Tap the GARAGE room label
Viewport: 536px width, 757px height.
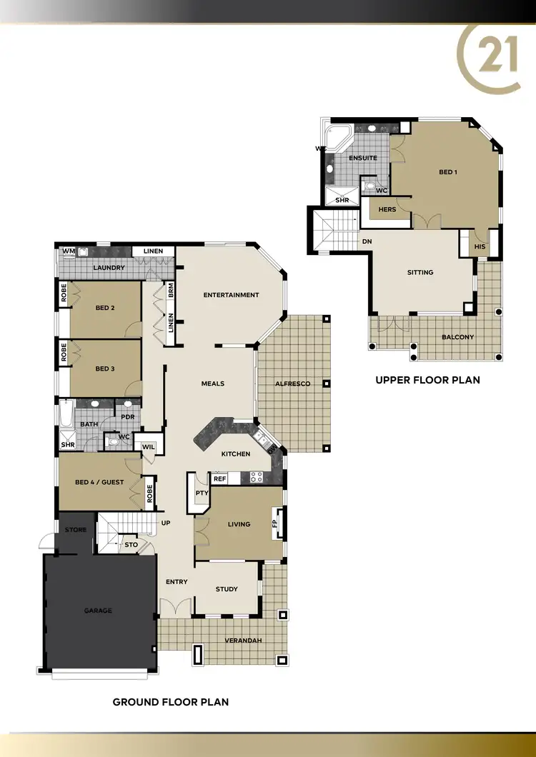click(98, 611)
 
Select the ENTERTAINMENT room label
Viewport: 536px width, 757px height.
click(231, 295)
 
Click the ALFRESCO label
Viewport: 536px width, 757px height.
click(293, 384)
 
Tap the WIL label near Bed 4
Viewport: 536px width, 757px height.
click(149, 447)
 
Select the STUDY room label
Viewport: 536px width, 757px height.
click(227, 589)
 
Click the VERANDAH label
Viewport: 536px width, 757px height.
click(243, 640)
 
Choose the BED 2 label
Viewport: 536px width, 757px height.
click(105, 308)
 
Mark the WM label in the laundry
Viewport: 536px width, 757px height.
click(69, 251)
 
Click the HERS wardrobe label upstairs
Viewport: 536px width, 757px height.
click(387, 209)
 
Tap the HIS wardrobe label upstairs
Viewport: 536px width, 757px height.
click(480, 247)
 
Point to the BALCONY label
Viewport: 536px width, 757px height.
click(457, 337)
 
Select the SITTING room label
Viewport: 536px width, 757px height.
click(420, 272)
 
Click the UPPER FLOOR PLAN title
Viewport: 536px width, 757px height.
click(427, 381)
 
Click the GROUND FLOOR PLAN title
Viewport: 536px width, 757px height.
click(171, 702)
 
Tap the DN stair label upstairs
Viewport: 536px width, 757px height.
click(367, 241)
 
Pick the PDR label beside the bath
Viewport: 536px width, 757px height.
click(128, 417)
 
